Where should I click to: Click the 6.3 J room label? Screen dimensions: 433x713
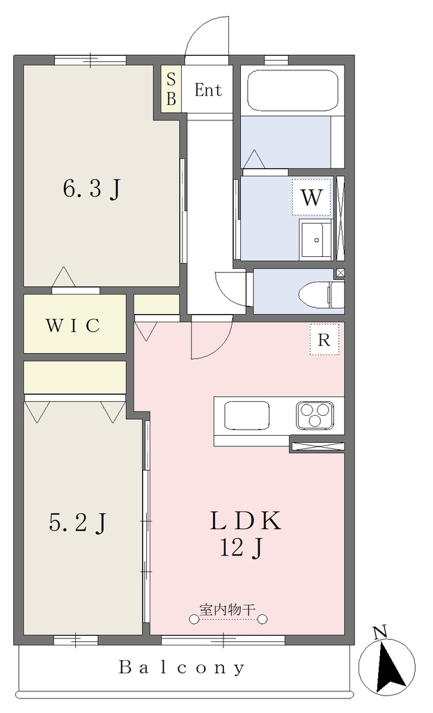tap(93, 189)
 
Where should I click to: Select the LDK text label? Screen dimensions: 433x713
tap(246, 521)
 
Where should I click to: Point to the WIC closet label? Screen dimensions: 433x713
tap(73, 326)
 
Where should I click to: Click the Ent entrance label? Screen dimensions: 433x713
tap(208, 90)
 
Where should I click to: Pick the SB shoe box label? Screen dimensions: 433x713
tap(171, 90)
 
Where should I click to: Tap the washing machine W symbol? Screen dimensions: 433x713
tap(312, 197)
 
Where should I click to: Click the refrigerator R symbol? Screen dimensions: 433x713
tap(324, 340)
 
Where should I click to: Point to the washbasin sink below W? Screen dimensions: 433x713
tap(315, 240)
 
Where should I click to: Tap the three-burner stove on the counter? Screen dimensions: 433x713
tap(315, 415)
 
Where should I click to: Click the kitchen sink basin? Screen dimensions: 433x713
tap(246, 415)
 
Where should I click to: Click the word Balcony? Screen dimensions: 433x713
tap(182, 667)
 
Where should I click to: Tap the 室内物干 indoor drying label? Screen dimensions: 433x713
tap(228, 609)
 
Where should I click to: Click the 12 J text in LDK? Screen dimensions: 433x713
tap(241, 549)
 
